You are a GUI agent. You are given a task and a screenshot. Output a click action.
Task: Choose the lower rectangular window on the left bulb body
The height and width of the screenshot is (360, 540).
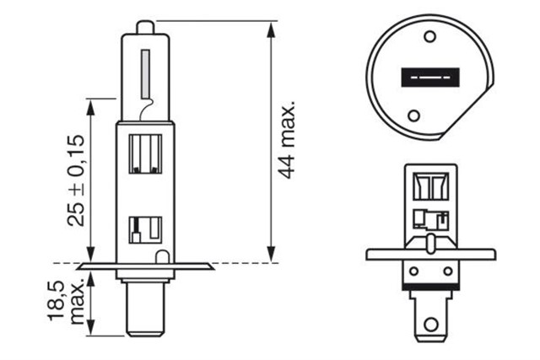click(x=145, y=228)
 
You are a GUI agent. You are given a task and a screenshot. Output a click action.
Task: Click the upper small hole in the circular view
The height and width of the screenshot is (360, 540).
click(x=431, y=37)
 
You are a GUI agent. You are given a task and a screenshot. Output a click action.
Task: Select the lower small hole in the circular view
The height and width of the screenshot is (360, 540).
click(x=413, y=116)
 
